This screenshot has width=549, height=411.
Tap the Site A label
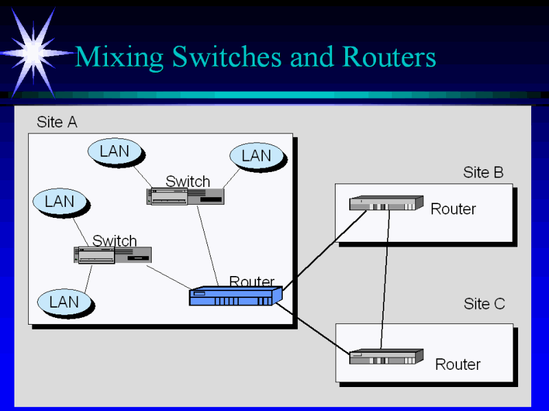[x=57, y=123]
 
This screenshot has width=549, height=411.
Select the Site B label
[x=483, y=173]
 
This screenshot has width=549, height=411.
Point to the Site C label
[x=484, y=303]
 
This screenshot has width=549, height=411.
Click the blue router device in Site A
[x=235, y=296]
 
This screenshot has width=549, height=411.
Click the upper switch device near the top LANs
[x=186, y=197]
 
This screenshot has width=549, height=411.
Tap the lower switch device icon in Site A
[x=113, y=255]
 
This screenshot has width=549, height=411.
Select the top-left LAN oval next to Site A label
[x=114, y=151]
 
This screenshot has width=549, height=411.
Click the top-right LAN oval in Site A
[x=256, y=156]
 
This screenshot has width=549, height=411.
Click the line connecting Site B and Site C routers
[x=386, y=281]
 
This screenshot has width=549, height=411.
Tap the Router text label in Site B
[x=453, y=209]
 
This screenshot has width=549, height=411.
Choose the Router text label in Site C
[x=458, y=364]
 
